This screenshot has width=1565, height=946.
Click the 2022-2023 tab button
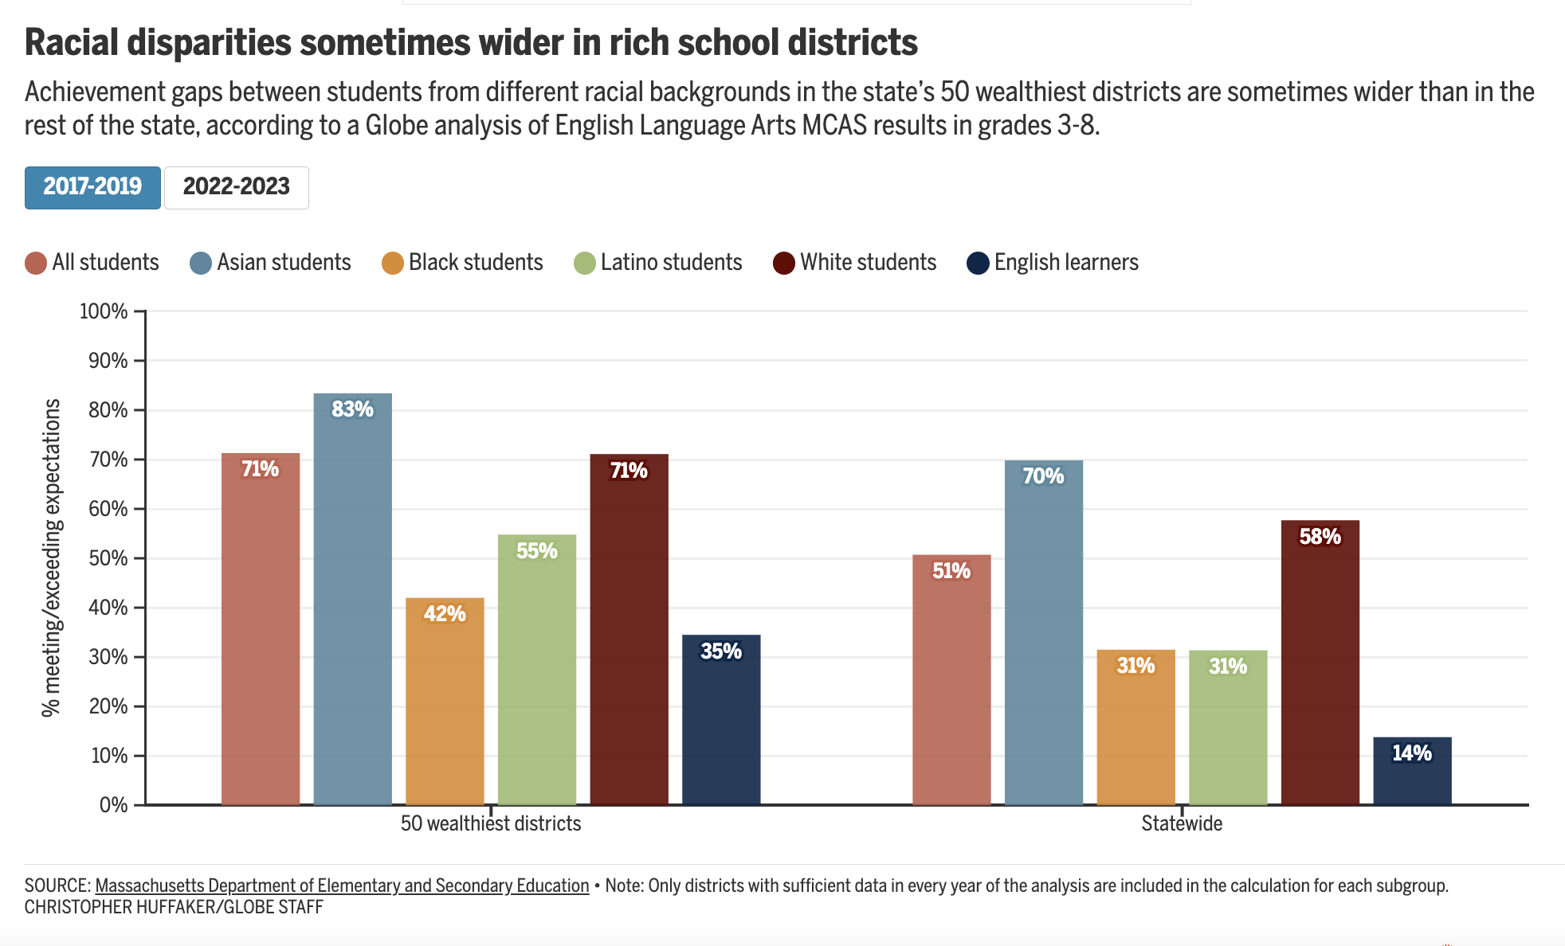pyautogui.click(x=237, y=187)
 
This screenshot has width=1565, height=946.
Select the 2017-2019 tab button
pyautogui.click(x=92, y=187)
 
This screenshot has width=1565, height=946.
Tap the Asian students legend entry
pyautogui.click(x=271, y=263)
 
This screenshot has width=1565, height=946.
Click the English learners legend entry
pyautogui.click(x=1053, y=263)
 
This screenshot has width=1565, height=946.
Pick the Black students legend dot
pyautogui.click(x=393, y=264)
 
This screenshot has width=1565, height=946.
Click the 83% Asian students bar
pyautogui.click(x=353, y=599)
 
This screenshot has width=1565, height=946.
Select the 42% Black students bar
pyautogui.click(x=445, y=701)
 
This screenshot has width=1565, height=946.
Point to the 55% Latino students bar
pyautogui.click(x=537, y=670)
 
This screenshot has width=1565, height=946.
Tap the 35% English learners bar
pyautogui.click(x=721, y=720)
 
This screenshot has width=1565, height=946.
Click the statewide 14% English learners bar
pyautogui.click(x=1412, y=771)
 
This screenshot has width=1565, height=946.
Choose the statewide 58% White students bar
pyautogui.click(x=1320, y=663)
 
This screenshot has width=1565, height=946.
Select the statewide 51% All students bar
pyautogui.click(x=951, y=680)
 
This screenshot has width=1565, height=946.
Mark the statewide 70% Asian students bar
pyautogui.click(x=1044, y=632)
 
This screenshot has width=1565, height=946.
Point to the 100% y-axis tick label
pyautogui.click(x=104, y=311)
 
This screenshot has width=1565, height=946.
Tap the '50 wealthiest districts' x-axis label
pyautogui.click(x=491, y=823)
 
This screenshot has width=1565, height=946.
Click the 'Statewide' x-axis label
pyautogui.click(x=1182, y=823)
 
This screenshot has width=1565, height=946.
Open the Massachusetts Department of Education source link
pyautogui.click(x=342, y=885)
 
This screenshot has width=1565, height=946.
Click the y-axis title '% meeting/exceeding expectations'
pyautogui.click(x=52, y=557)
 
